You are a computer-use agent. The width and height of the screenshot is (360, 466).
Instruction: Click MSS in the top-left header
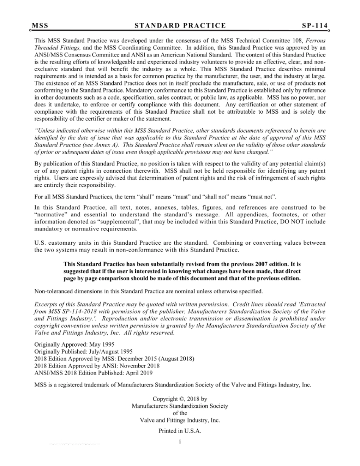tap(40, 26)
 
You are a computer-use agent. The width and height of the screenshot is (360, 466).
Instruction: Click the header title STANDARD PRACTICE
tap(180, 26)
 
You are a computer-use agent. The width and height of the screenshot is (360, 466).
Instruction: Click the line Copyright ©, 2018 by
tap(180, 399)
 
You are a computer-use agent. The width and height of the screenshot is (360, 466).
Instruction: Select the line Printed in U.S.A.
tap(180, 431)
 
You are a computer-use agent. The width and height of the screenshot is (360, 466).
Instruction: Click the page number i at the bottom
tap(180, 442)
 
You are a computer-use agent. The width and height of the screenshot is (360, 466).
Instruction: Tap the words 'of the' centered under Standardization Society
tap(180, 413)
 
